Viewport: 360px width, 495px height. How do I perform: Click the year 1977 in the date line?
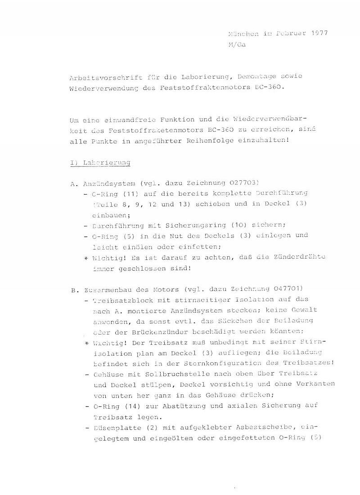(319, 34)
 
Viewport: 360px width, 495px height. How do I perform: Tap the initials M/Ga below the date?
(237, 45)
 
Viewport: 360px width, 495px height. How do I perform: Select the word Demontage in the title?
(246, 76)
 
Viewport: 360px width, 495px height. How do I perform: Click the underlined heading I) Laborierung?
(100, 163)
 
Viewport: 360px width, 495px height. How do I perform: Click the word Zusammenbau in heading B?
(103, 290)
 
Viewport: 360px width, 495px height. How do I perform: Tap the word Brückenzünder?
(153, 332)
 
